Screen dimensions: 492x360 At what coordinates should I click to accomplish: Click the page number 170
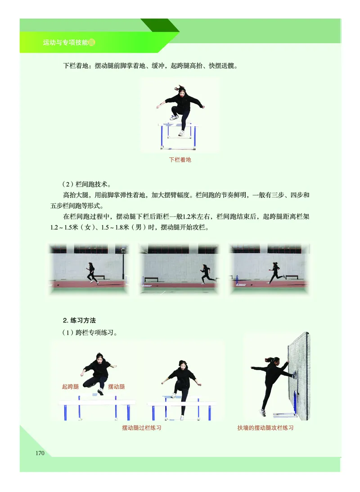[40, 453]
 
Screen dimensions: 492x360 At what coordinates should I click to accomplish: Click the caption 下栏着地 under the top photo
[180, 160]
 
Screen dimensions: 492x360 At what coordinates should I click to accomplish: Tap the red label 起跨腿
[70, 386]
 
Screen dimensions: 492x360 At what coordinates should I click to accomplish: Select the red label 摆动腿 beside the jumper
[117, 386]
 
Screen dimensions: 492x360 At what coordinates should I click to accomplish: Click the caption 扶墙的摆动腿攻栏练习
[265, 428]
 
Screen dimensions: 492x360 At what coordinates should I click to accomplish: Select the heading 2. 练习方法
[80, 320]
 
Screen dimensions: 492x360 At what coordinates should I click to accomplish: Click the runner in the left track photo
[92, 273]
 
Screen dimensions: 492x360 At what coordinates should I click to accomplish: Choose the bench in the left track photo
[100, 277]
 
